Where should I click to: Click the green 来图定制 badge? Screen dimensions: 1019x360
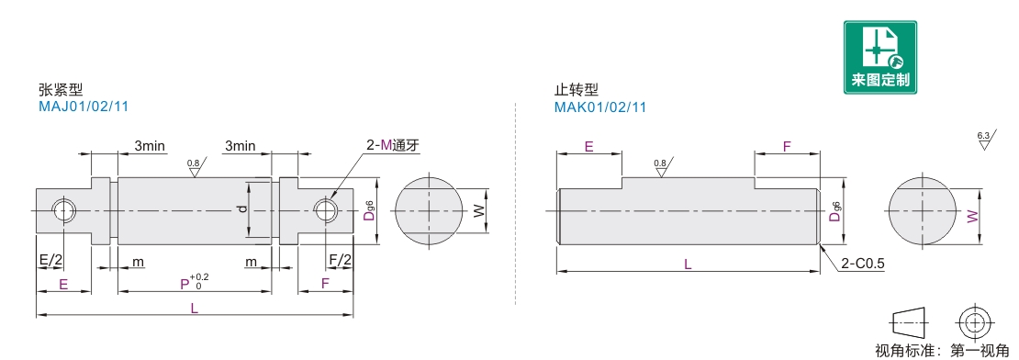[x=880, y=57]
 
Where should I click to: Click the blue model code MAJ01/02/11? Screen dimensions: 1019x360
[x=84, y=107]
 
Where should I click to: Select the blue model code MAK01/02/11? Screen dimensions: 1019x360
[x=600, y=107]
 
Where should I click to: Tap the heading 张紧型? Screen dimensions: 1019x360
[x=62, y=90]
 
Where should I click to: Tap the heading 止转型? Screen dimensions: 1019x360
[x=577, y=90]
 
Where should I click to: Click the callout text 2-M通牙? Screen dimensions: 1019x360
[x=393, y=145]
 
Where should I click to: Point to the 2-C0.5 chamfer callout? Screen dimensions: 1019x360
[x=862, y=264]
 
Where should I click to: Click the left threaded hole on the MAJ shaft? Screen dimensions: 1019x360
[x=64, y=210]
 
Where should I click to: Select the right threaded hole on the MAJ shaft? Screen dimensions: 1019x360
[x=325, y=210]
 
